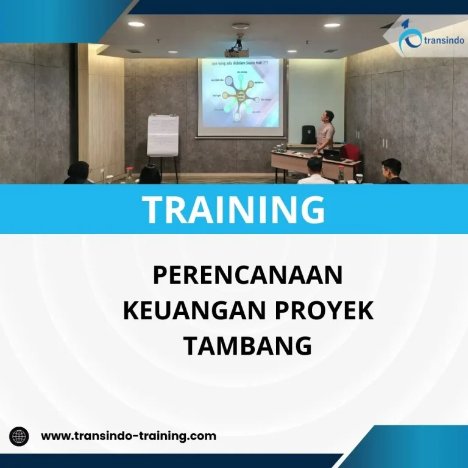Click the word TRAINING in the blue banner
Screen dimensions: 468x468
pyautogui.click(x=233, y=209)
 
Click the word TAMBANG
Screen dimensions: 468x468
pyautogui.click(x=247, y=346)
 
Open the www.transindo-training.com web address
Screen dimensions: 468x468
pyautogui.click(x=128, y=436)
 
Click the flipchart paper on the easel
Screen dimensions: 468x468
pyautogui.click(x=163, y=135)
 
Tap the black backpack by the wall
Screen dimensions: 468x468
pyautogui.click(x=309, y=134)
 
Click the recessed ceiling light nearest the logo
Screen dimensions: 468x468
pyautogui.click(x=332, y=25)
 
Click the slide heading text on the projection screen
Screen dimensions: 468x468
pyautogui.click(x=239, y=63)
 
